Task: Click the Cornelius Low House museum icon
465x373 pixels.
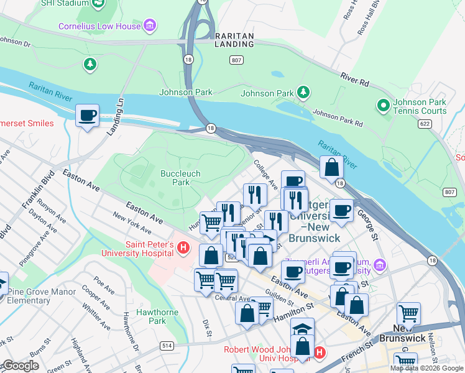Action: click(149, 25)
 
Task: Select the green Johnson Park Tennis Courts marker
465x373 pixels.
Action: click(384, 106)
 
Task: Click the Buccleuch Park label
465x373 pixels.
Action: click(175, 178)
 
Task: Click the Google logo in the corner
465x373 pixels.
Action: click(20, 366)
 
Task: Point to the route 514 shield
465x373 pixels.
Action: click(167, 346)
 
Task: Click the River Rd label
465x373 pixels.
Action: click(354, 79)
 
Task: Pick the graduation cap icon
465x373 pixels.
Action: click(302, 328)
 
